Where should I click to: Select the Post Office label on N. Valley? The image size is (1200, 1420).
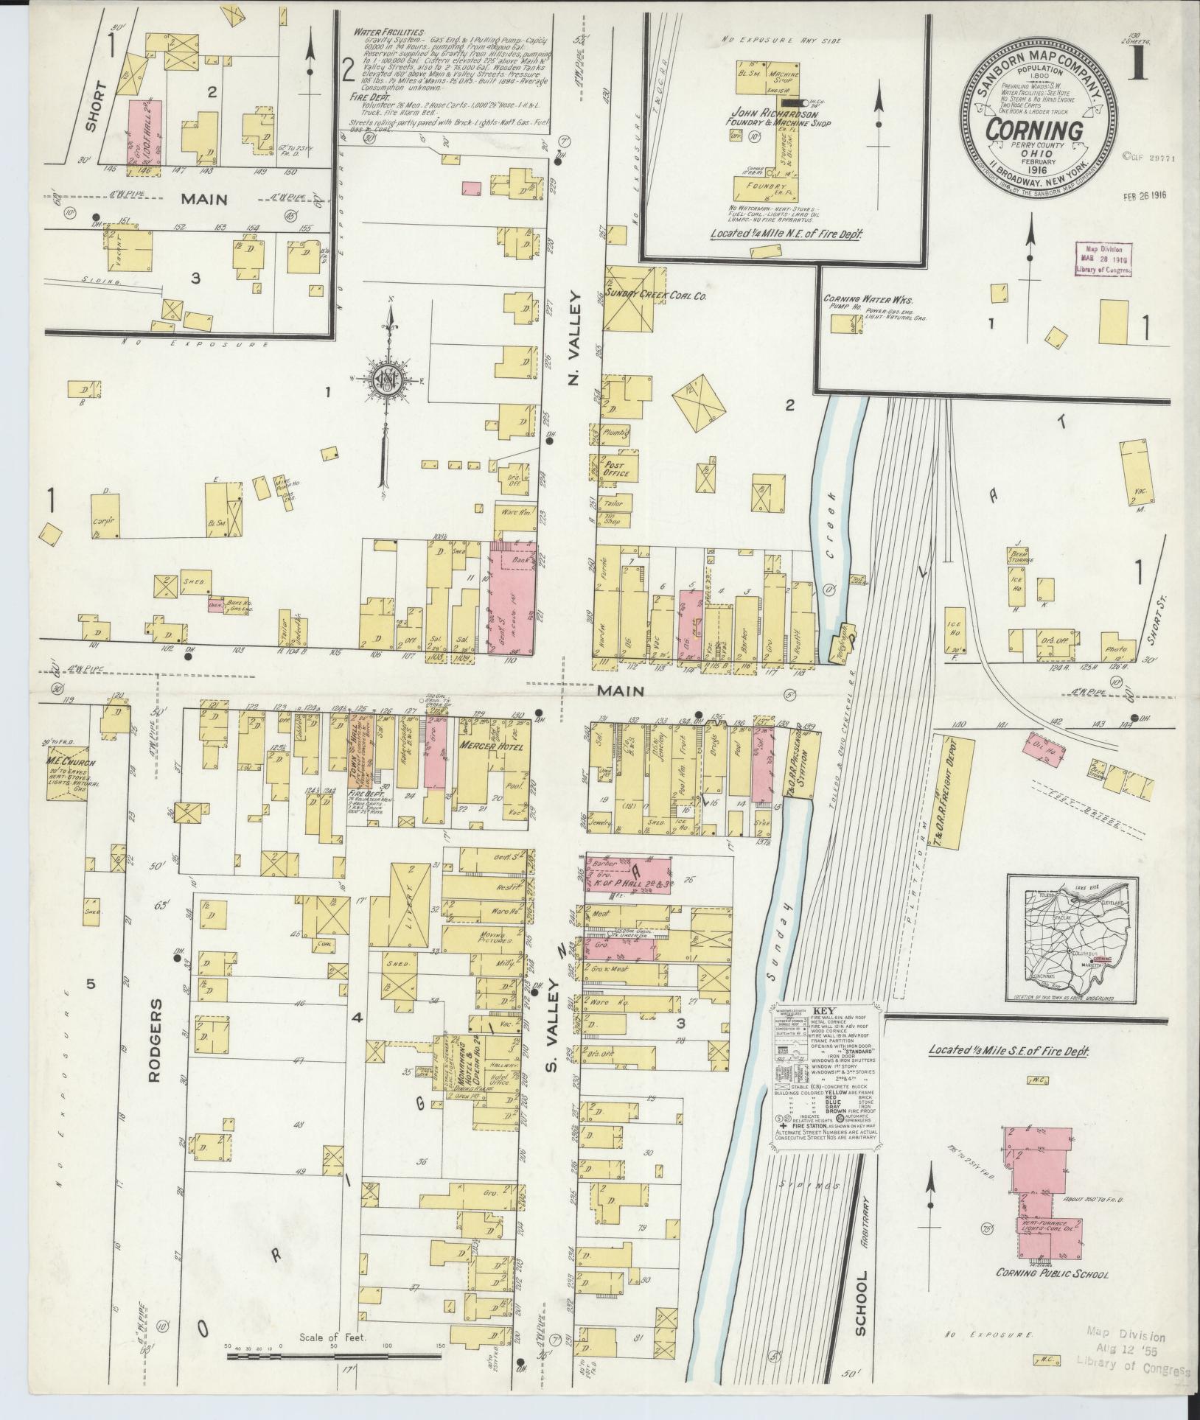616,469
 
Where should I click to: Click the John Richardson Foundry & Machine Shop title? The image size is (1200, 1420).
784,119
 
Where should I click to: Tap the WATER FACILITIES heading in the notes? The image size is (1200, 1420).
388,33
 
